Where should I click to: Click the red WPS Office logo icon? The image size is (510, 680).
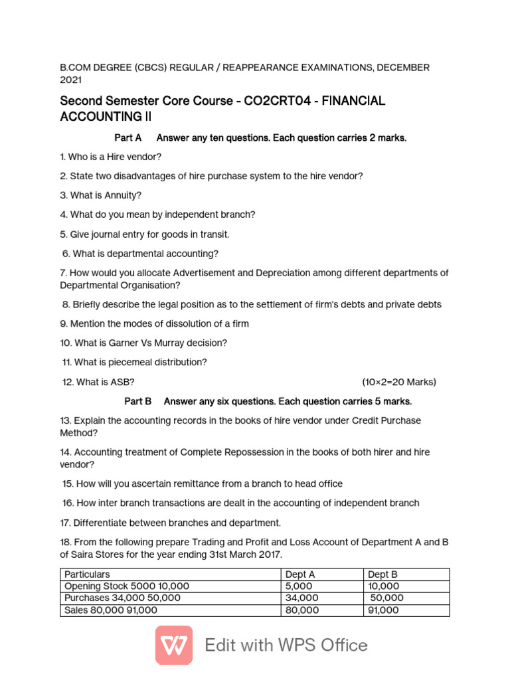tap(174, 645)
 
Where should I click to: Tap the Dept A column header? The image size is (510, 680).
tap(300, 574)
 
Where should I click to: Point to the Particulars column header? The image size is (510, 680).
tap(87, 574)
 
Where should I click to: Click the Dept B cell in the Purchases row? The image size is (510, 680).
tap(386, 598)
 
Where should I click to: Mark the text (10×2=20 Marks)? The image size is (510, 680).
tap(398, 382)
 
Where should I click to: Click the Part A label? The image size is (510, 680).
tap(128, 137)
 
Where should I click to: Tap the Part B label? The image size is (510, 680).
tap(138, 401)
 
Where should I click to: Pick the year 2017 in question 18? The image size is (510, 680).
tap(269, 554)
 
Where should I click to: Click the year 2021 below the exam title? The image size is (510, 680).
tap(71, 80)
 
